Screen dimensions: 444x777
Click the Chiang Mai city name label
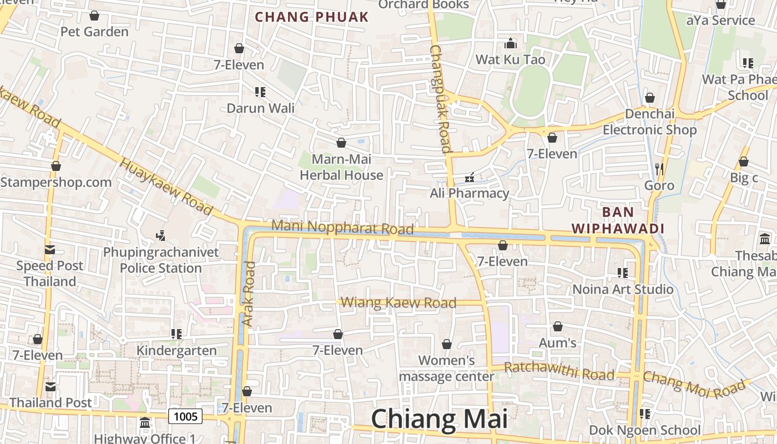click(439, 419)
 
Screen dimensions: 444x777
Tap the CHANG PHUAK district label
click(311, 17)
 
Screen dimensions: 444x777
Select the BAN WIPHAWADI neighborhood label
click(618, 220)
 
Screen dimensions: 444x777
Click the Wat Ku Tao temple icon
click(510, 43)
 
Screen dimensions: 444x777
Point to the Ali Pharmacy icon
click(470, 178)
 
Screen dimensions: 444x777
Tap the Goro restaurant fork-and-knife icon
click(659, 169)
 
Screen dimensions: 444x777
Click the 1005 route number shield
click(185, 416)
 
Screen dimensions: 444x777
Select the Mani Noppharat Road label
click(342, 228)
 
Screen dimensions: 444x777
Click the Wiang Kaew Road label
click(398, 303)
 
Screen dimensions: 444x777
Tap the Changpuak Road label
click(441, 99)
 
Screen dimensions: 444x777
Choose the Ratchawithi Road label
click(559, 371)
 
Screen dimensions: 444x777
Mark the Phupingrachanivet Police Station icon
click(161, 236)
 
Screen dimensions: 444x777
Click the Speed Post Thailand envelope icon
click(50, 250)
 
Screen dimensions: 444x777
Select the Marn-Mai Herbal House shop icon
click(341, 143)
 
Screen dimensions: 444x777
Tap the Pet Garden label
click(94, 32)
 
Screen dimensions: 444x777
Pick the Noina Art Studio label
click(623, 289)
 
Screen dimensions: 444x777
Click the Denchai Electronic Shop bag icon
click(650, 98)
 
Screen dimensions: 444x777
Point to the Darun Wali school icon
click(260, 92)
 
